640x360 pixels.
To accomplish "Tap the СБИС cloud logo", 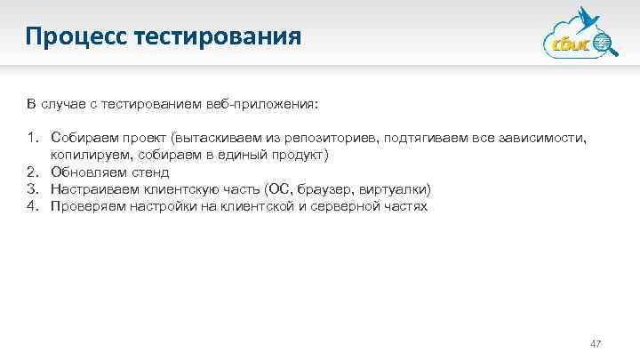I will click(x=577, y=39).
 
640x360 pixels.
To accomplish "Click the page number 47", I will click(x=596, y=343).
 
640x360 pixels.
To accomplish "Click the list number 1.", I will click(x=32, y=138).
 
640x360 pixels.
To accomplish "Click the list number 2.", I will click(x=32, y=172).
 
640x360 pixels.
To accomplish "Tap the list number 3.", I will click(x=32, y=189).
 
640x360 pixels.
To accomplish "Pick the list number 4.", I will click(x=32, y=206).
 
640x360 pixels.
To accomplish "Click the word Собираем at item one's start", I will click(x=81, y=138).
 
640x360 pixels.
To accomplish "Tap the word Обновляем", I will click(x=84, y=172).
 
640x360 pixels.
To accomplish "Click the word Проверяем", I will click(x=85, y=206).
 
